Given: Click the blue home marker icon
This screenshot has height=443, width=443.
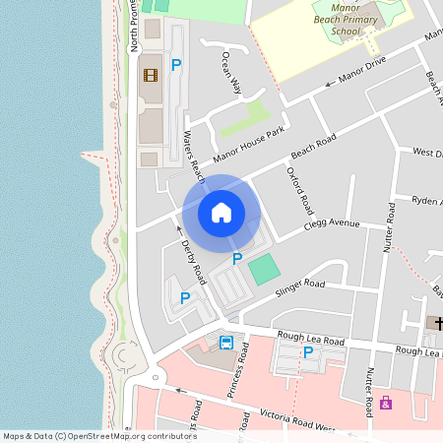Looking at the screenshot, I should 221,213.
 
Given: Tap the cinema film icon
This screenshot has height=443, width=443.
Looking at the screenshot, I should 151,75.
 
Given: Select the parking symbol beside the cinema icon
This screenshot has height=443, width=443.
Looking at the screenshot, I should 176,65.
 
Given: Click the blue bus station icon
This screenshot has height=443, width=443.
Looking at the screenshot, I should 226,343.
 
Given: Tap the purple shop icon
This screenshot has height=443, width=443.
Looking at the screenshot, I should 385,403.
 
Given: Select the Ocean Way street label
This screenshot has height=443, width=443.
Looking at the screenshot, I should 231,72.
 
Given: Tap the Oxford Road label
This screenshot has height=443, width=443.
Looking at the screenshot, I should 298,191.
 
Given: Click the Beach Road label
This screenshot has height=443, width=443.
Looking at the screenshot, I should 313,147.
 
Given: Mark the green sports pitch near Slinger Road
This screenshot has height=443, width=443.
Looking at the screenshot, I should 263,270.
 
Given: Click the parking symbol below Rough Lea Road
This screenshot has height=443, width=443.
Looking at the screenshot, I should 308,351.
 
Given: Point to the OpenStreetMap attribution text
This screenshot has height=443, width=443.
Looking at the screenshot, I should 99,436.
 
